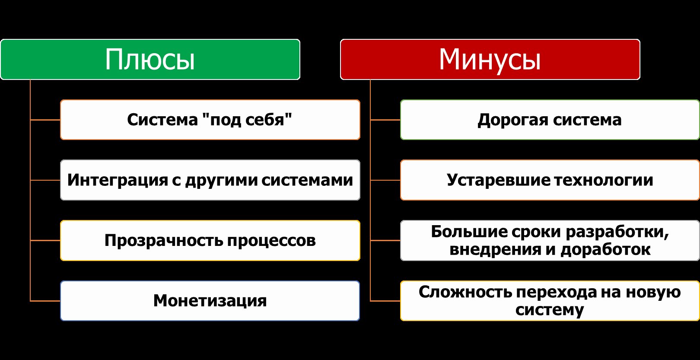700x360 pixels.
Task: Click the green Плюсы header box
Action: (x=150, y=59)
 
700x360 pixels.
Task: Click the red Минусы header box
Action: (x=490, y=59)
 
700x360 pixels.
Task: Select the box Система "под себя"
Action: (x=210, y=120)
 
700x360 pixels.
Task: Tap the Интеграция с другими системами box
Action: (x=210, y=180)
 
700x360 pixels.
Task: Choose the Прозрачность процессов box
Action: (x=210, y=240)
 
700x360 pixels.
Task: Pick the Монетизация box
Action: (x=210, y=301)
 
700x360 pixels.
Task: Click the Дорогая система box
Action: (x=550, y=120)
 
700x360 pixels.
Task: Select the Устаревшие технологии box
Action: (x=550, y=180)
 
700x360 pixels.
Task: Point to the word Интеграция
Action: (x=118, y=181)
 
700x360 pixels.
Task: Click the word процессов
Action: (x=271, y=241)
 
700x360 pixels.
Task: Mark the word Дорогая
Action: (x=513, y=120)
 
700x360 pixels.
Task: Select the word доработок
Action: (x=605, y=250)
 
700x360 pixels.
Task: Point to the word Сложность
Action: (x=466, y=292)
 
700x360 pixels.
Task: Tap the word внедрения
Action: (x=495, y=250)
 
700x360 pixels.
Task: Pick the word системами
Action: (x=307, y=180)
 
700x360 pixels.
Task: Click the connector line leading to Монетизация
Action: (x=45, y=301)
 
